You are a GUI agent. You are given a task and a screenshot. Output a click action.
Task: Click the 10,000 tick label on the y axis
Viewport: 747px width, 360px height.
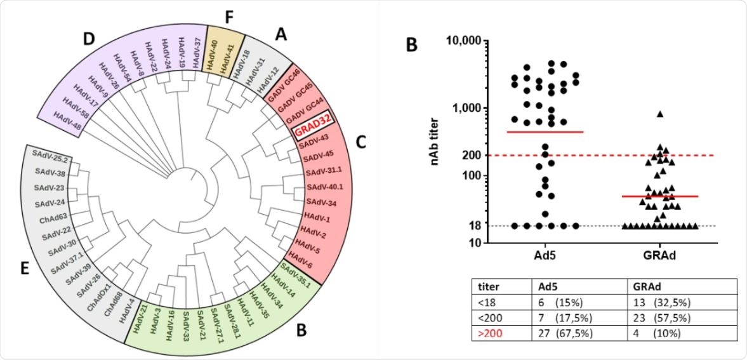pos(463,41)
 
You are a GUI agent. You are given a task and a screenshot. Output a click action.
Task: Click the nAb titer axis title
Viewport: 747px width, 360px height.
pos(437,142)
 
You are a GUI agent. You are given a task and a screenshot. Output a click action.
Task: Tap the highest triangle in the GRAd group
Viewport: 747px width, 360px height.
pos(660,114)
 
